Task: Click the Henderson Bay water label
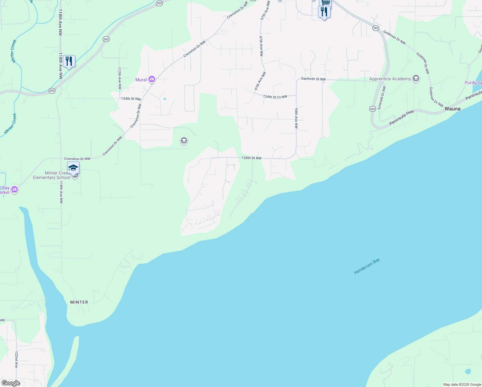(x=367, y=266)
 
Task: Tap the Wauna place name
(x=452, y=109)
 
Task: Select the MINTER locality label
(x=79, y=302)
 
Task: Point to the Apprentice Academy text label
(x=390, y=79)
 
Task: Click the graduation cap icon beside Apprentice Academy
(x=416, y=79)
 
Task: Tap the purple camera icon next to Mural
(x=152, y=79)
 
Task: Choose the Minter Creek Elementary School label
(x=52, y=175)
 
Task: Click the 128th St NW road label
(x=251, y=158)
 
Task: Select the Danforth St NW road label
(x=313, y=79)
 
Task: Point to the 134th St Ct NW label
(x=275, y=97)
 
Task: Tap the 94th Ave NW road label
(x=296, y=118)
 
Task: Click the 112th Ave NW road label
(x=120, y=78)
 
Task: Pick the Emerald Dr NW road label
(x=382, y=97)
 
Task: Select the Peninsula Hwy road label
(x=401, y=118)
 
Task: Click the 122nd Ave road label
(x=16, y=360)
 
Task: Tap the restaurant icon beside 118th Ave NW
(x=69, y=61)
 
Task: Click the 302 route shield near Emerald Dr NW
(x=372, y=109)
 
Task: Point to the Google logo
(x=11, y=383)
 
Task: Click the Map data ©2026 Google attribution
(x=462, y=384)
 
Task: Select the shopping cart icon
(x=325, y=3)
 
